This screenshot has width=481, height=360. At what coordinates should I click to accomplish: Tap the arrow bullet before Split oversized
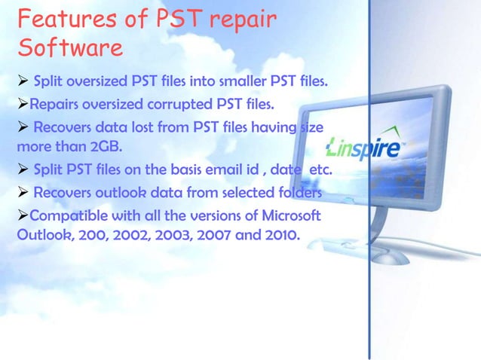coord(22,79)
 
